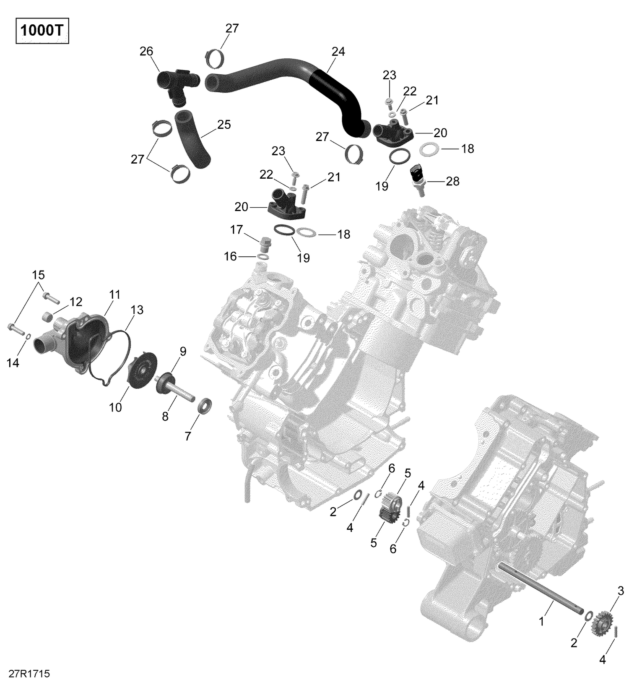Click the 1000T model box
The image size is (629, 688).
click(42, 31)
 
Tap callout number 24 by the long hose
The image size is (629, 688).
click(338, 52)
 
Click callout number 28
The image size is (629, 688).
click(452, 181)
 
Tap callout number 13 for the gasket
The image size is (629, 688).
click(137, 310)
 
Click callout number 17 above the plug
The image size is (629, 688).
click(237, 229)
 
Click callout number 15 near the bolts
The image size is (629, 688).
click(38, 275)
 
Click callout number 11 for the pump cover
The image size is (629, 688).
click(115, 295)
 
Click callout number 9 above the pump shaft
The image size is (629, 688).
click(183, 352)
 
